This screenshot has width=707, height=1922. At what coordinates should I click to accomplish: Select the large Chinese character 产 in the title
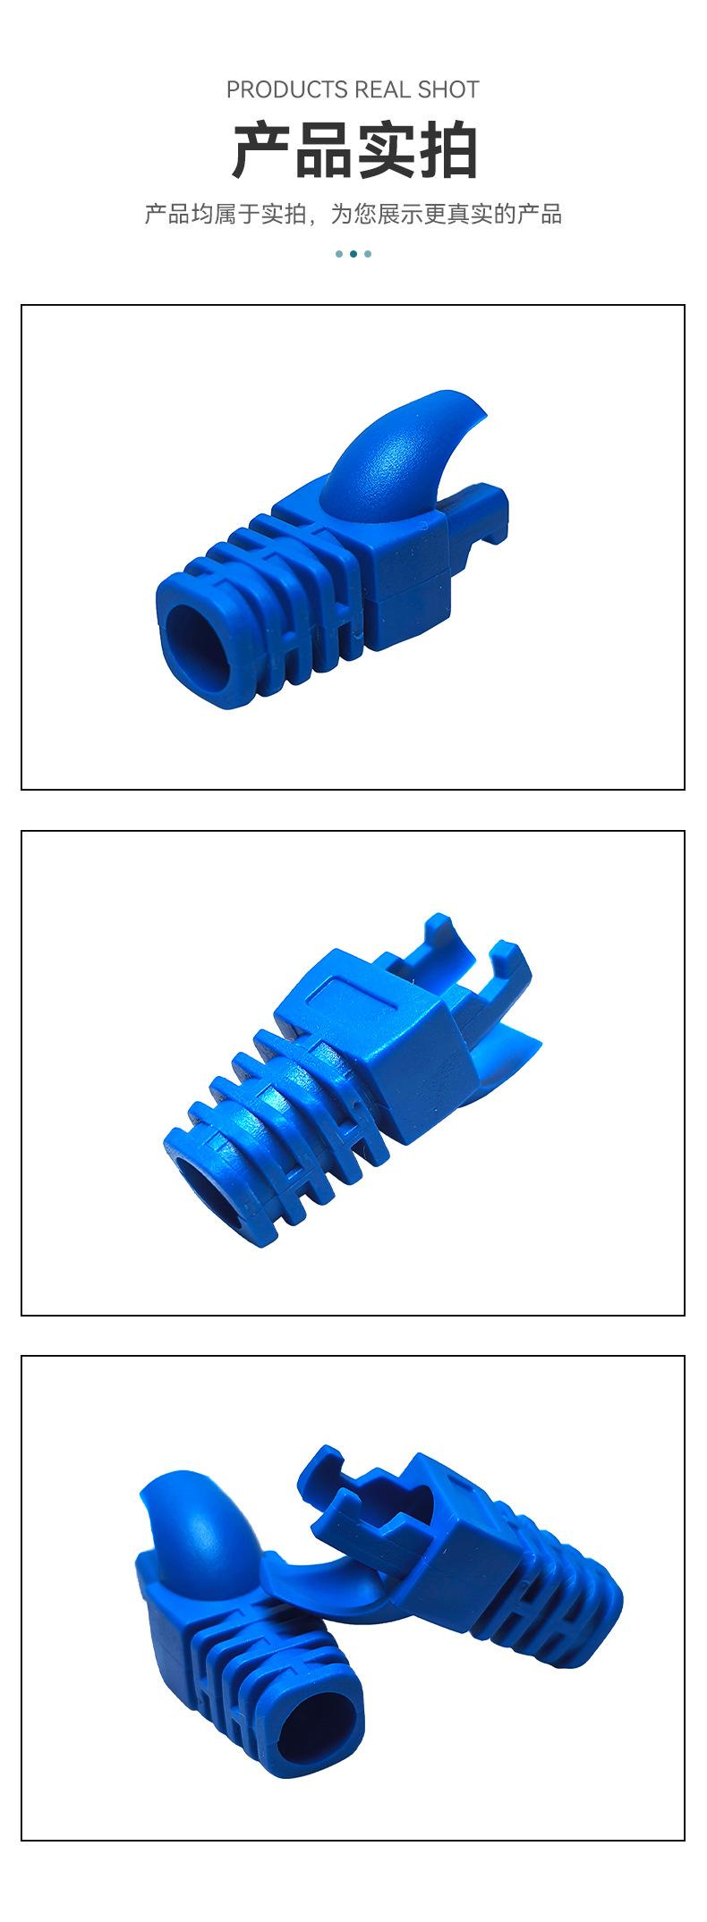coord(262,150)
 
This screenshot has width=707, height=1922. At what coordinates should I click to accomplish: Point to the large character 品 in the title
coord(324,150)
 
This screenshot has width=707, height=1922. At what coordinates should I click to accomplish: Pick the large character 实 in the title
coord(386,150)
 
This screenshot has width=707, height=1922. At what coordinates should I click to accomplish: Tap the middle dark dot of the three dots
coord(353,254)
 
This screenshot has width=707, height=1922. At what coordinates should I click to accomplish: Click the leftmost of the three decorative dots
coord(339,254)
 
